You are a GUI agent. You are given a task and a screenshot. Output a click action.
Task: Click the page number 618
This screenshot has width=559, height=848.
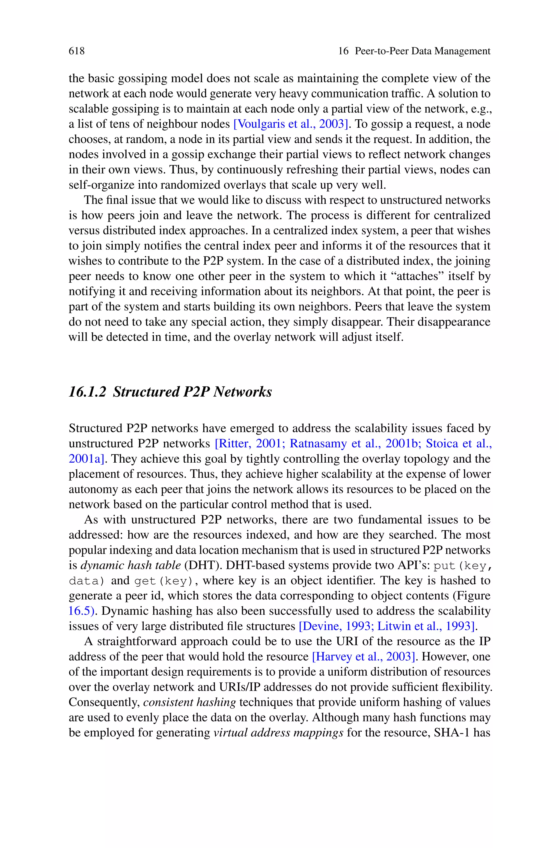77,51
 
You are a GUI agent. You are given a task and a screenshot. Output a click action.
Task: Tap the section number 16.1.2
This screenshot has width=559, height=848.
88,392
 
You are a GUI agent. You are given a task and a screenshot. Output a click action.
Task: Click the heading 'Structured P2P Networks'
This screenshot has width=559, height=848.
192,392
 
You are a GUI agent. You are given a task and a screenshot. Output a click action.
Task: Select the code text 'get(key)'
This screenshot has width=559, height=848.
165,581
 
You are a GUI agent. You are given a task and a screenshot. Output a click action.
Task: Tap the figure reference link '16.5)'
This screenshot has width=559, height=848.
82,611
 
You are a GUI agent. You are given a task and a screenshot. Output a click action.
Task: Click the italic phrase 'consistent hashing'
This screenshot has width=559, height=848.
189,702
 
